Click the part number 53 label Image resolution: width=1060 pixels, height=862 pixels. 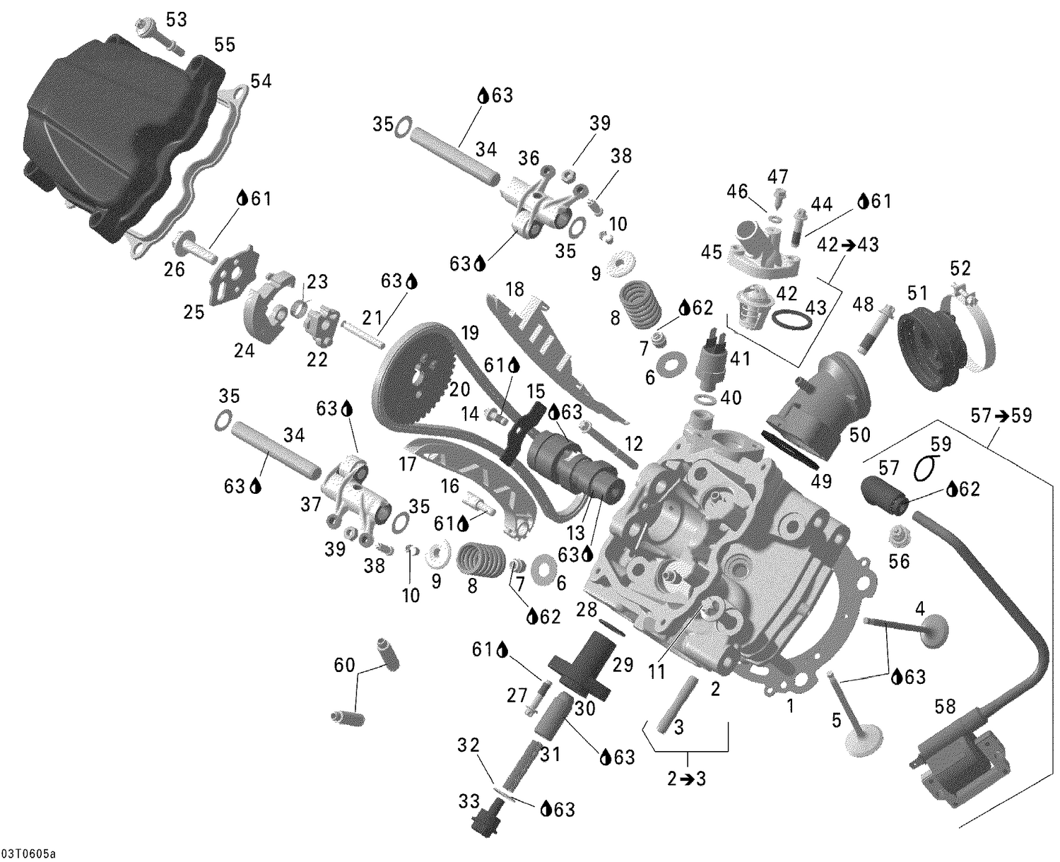tap(176, 19)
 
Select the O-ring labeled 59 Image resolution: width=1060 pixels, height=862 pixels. tap(926, 468)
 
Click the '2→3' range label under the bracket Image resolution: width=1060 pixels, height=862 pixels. tap(687, 779)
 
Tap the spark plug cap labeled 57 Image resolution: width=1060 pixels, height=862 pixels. tap(883, 495)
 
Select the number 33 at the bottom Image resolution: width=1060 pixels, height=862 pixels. tap(468, 802)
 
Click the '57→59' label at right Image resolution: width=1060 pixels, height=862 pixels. tap(1001, 416)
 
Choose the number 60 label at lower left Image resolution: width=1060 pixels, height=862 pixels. tap(344, 665)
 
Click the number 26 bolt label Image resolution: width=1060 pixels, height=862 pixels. tap(175, 268)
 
